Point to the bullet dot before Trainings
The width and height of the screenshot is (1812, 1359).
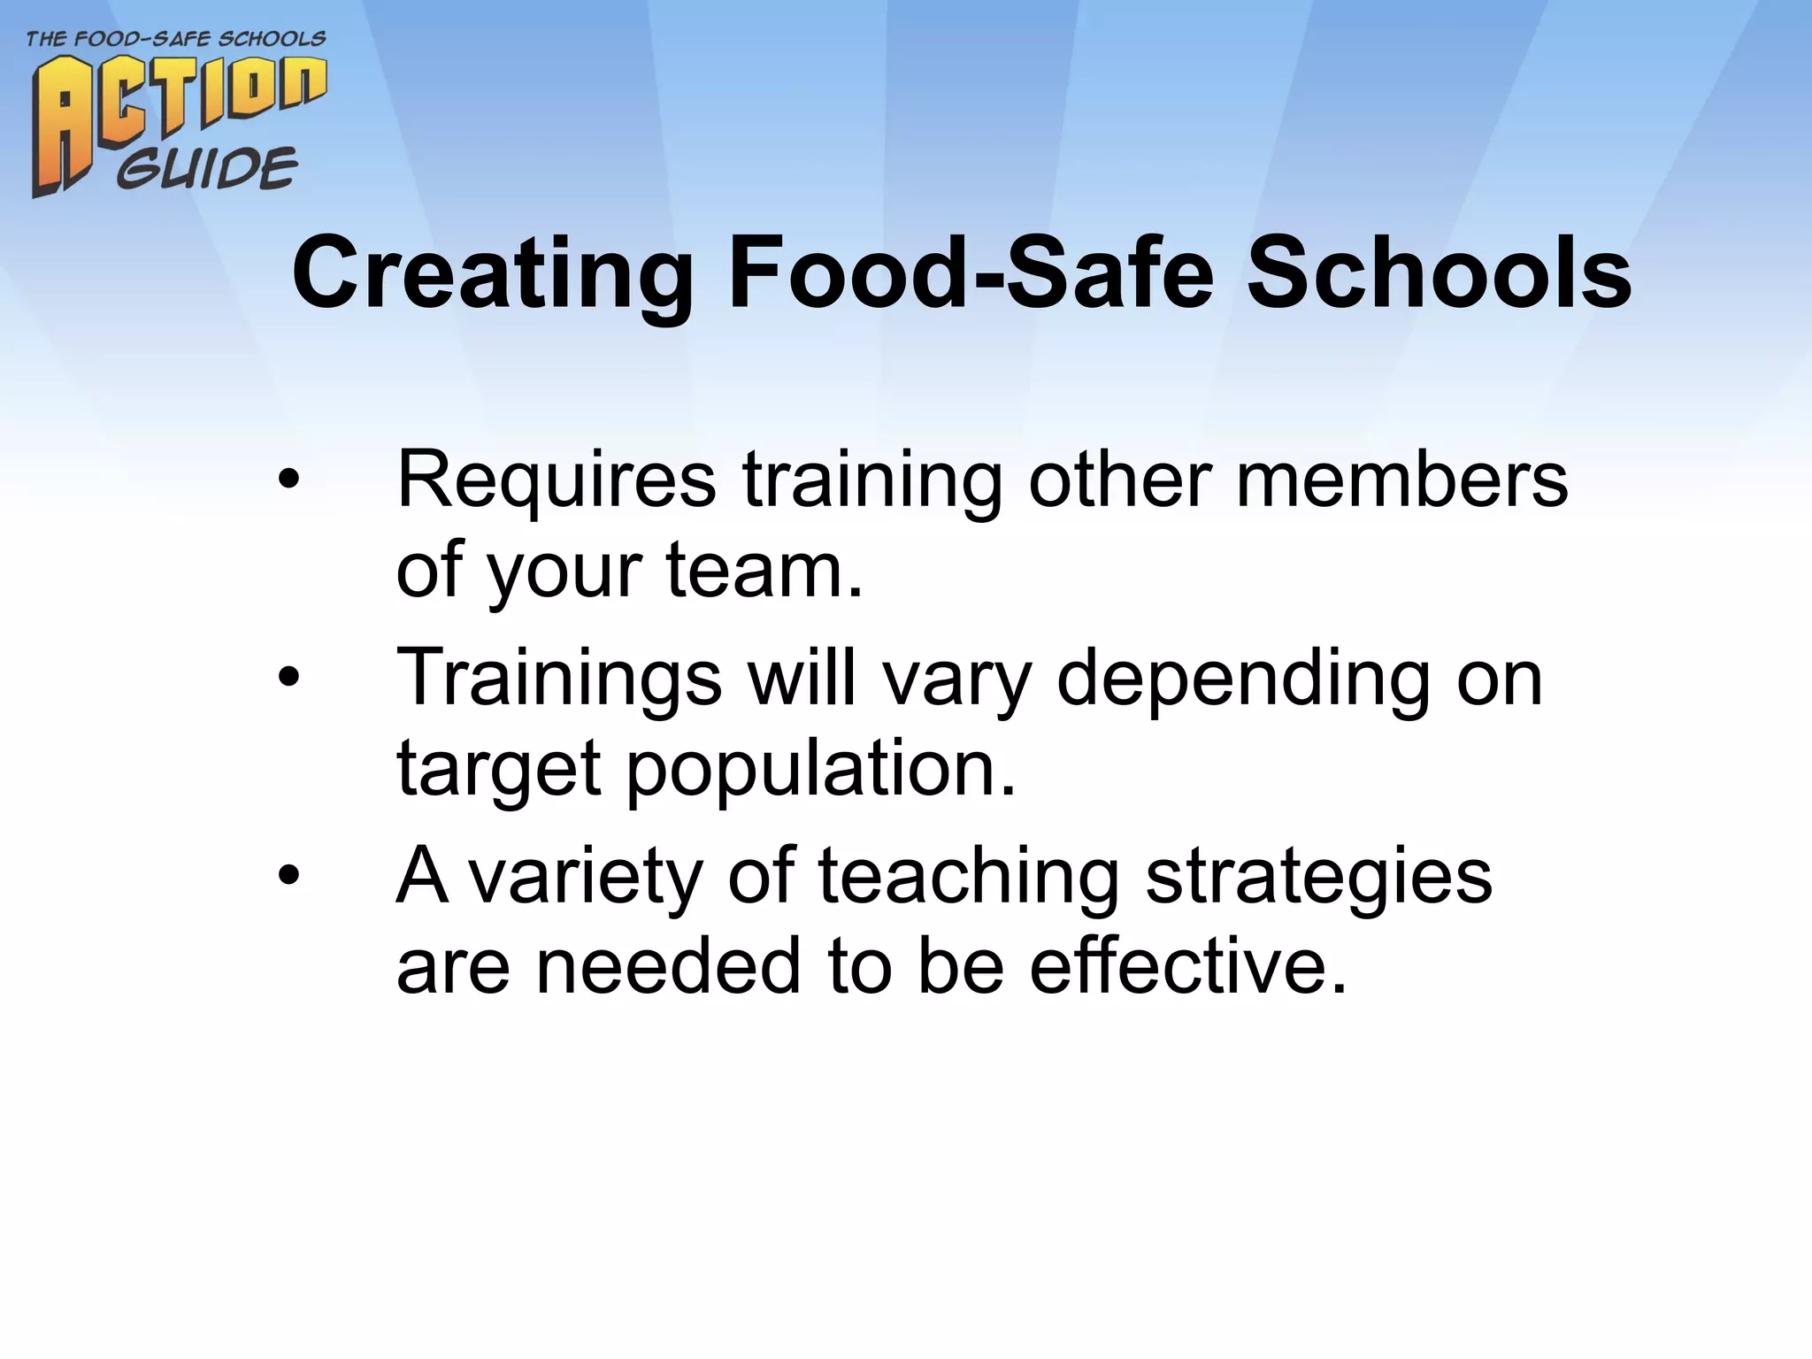[x=288, y=679]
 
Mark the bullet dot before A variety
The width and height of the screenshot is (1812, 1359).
[x=288, y=876]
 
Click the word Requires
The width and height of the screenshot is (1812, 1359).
[x=557, y=482]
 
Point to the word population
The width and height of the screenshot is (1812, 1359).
[x=821, y=771]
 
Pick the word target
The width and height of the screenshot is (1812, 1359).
[x=499, y=771]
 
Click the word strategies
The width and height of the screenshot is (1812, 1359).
[x=1319, y=879]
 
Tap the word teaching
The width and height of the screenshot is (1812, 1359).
[x=969, y=879]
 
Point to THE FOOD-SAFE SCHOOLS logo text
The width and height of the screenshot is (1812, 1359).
[x=176, y=39]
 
